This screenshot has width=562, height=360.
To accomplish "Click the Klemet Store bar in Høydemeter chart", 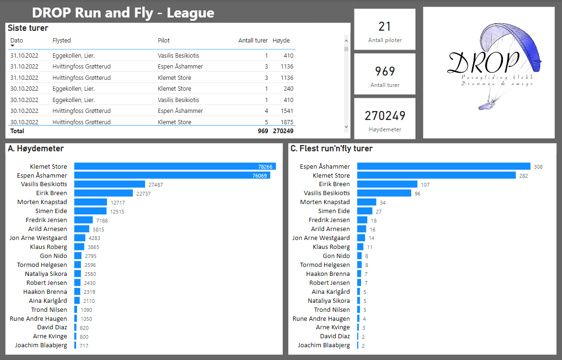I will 175,166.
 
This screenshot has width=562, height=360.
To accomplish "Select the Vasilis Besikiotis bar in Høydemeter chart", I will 110,184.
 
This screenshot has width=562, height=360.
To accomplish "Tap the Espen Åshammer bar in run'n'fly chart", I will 443,166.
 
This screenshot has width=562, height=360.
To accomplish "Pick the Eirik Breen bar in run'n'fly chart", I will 387,184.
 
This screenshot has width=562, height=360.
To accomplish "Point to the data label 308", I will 538,167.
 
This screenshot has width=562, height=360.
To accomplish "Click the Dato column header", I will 17,41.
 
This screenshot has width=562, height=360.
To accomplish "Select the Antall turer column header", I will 253,41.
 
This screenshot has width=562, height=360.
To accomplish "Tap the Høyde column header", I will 281,41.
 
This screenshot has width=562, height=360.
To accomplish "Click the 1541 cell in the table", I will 286,111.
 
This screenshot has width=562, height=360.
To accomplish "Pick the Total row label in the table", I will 17,131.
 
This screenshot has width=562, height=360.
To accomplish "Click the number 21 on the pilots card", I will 385,26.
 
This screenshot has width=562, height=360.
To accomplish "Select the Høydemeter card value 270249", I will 385,116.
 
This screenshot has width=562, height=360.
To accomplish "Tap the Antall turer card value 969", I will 385,71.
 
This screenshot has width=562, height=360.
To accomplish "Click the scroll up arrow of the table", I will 346,41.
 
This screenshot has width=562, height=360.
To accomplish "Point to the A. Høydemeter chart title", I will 36,148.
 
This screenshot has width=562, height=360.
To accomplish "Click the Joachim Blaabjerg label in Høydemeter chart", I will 41,345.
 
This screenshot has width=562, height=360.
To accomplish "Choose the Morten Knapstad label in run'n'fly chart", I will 325,202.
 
